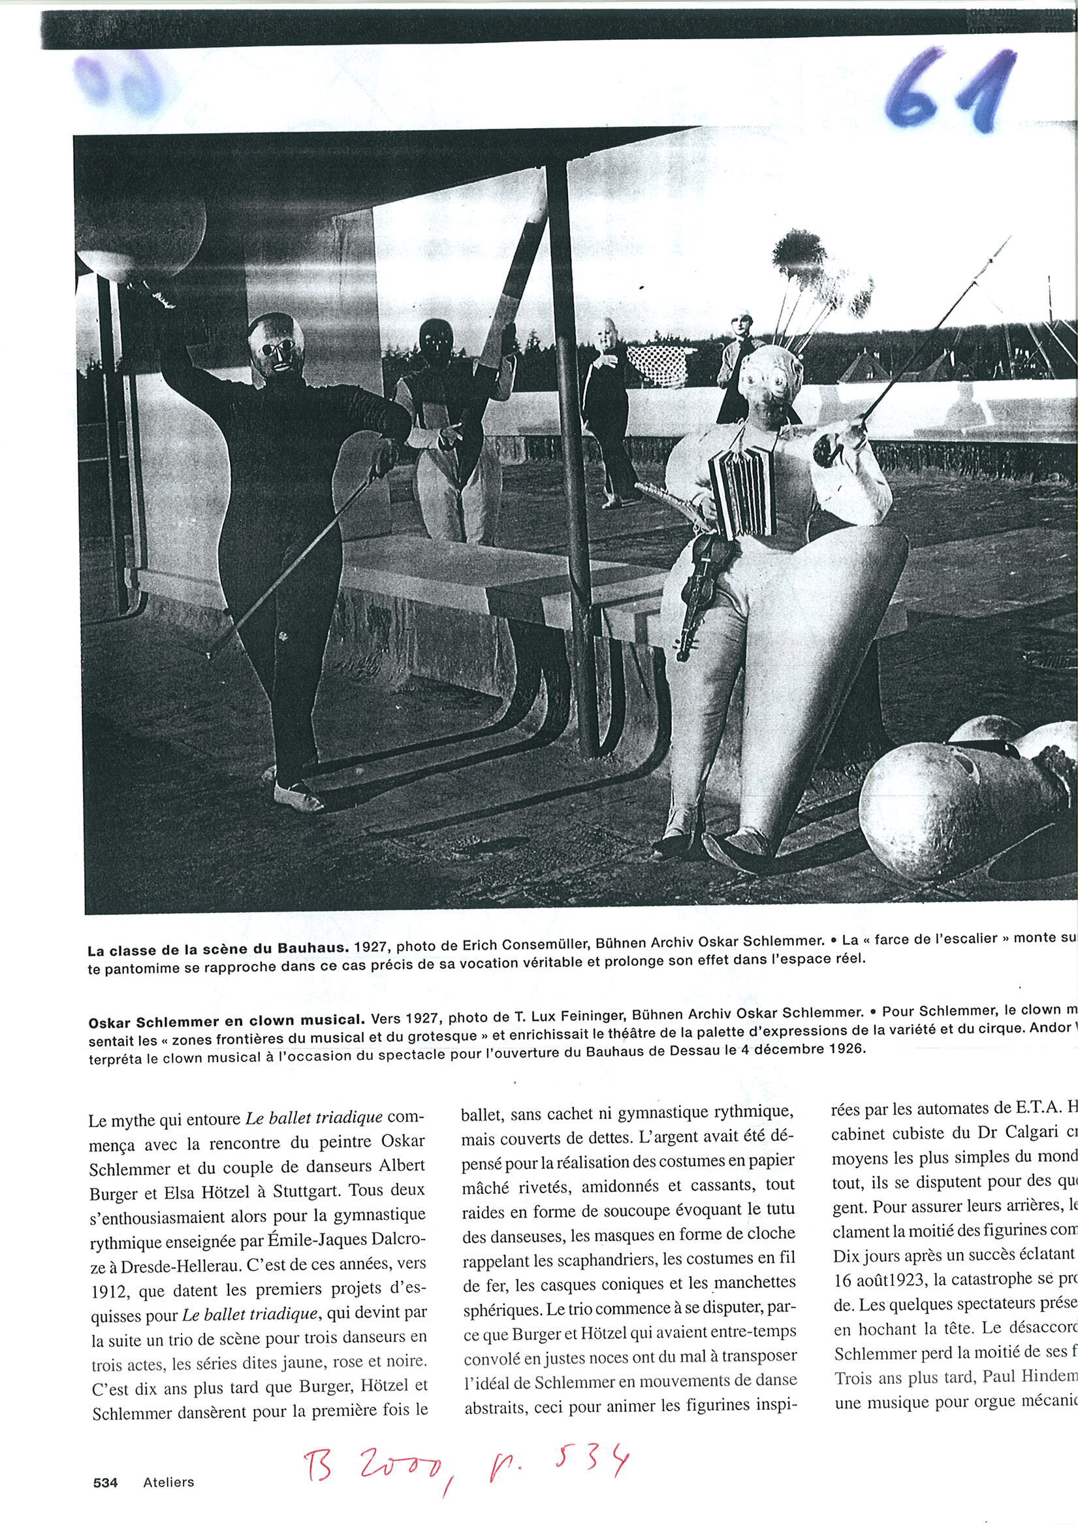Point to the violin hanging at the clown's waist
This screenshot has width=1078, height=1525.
[697, 585]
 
